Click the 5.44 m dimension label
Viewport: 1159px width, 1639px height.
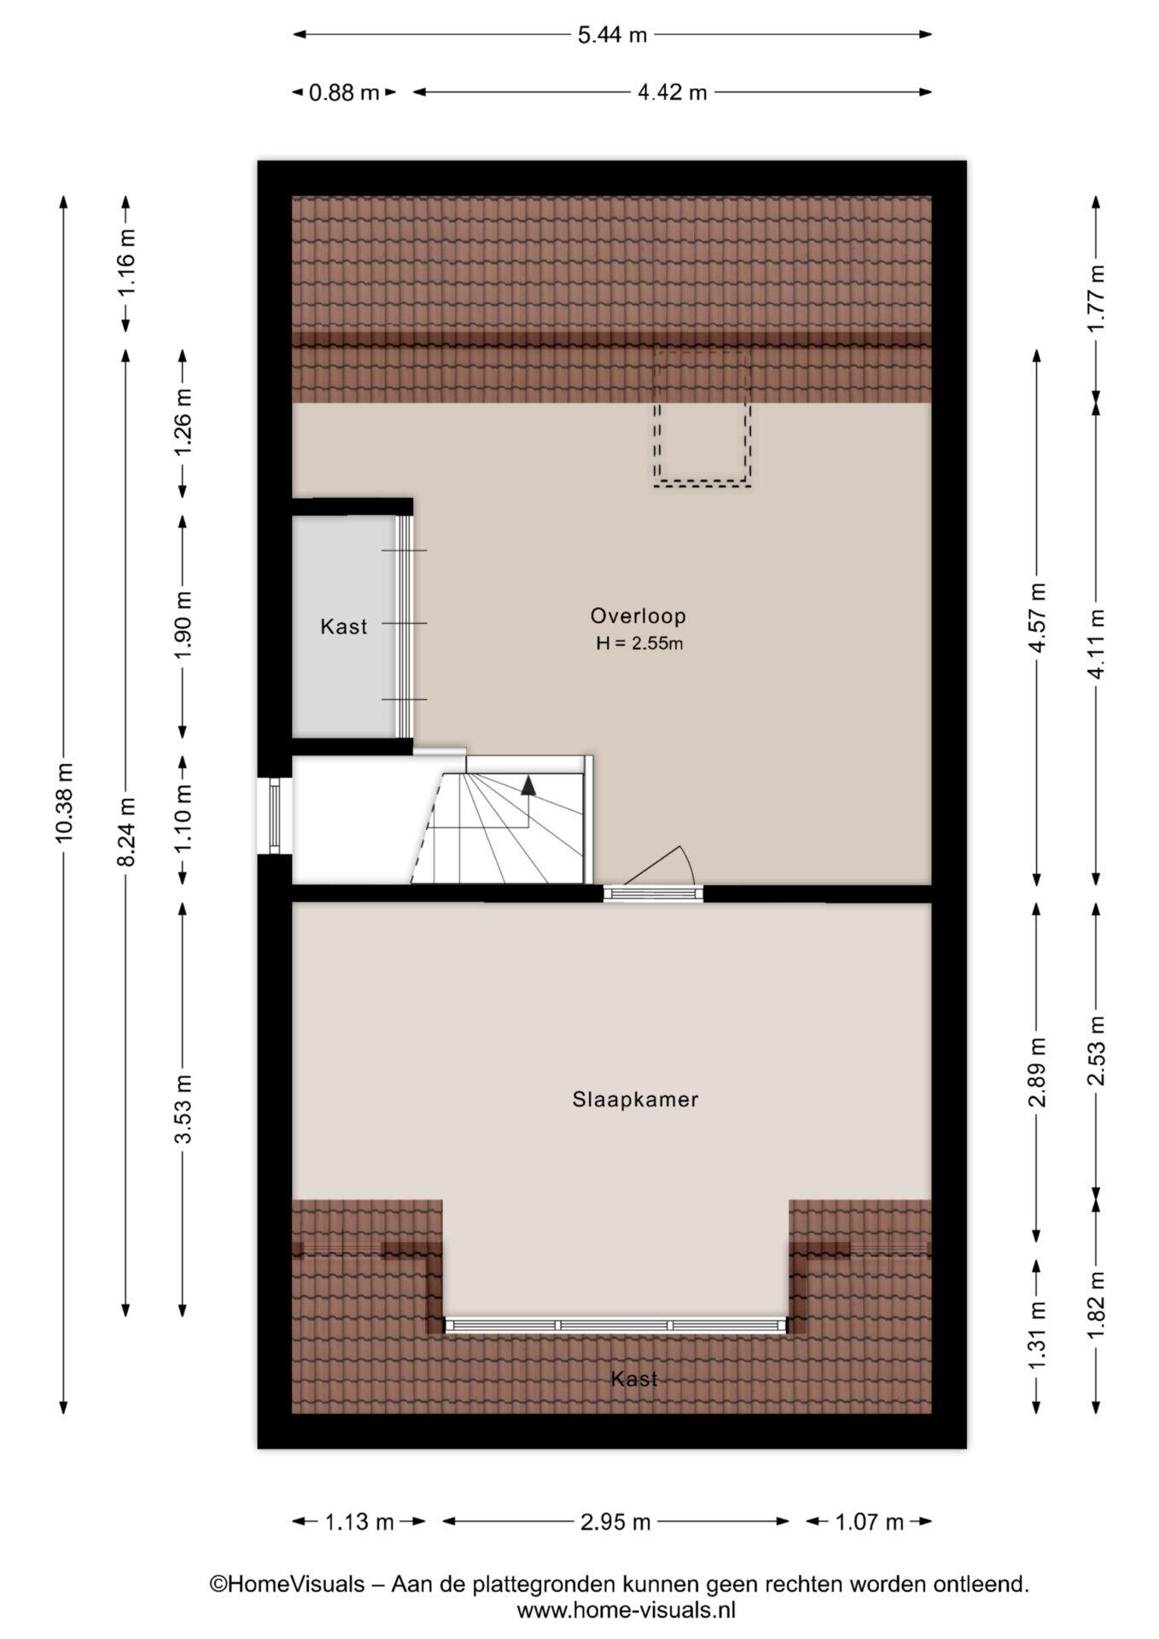tap(612, 35)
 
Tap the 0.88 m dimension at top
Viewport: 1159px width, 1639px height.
tap(344, 92)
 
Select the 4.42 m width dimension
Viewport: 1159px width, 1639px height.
tap(673, 92)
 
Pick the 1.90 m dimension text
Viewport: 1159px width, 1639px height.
tap(183, 626)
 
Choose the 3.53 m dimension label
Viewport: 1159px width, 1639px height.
tap(183, 1108)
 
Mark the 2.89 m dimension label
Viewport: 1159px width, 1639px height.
tap(1038, 1072)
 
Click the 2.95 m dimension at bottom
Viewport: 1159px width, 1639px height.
tap(616, 1521)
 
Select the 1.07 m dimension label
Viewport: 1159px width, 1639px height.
tap(869, 1521)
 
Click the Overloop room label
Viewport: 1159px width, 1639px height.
tap(638, 615)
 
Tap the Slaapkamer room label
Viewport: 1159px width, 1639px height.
tap(636, 1099)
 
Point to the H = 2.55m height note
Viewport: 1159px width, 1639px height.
tap(639, 644)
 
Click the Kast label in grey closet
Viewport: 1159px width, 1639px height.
tap(344, 627)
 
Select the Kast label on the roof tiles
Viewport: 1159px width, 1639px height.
tap(634, 1379)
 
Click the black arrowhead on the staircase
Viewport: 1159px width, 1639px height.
tap(529, 785)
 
